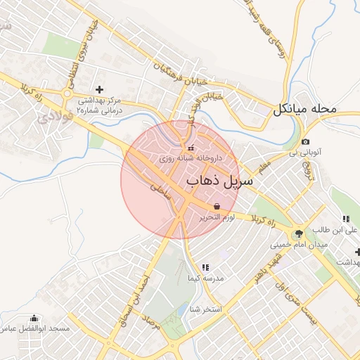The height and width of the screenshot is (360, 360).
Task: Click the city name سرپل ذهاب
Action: click(x=219, y=181)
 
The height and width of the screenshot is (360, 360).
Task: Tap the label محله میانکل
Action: click(x=314, y=110)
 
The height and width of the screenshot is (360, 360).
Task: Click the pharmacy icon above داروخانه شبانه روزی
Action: click(x=191, y=148)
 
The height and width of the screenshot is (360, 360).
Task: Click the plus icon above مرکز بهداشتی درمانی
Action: click(x=99, y=89)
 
